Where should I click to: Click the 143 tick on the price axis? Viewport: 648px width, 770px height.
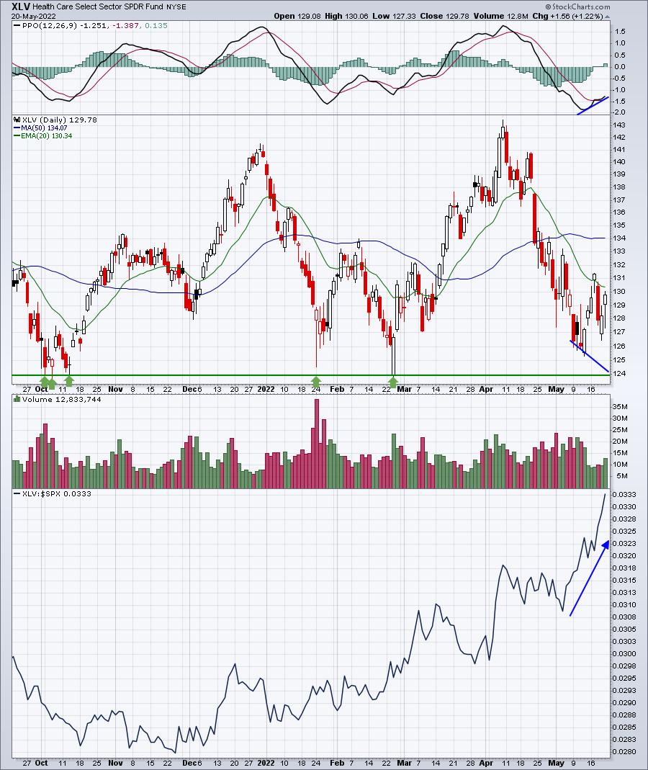(620, 124)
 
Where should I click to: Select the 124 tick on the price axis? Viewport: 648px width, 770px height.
(620, 373)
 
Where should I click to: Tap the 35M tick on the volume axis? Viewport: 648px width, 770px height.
(621, 406)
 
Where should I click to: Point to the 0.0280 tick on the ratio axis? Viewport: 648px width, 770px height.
(624, 752)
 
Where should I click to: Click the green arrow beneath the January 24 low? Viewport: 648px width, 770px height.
(315, 380)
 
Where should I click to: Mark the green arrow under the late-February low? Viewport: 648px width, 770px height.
(393, 380)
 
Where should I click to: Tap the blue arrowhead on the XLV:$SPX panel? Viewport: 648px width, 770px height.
(606, 545)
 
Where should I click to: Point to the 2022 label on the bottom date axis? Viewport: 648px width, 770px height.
(266, 762)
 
